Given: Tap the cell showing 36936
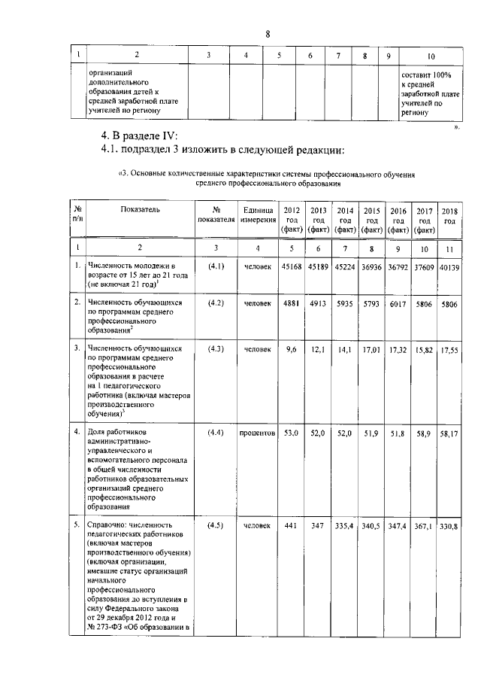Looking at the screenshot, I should tap(371, 266).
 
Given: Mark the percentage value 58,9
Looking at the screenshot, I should tap(425, 434).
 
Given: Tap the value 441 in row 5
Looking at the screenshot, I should tap(290, 524).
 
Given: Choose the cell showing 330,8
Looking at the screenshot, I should tap(449, 524).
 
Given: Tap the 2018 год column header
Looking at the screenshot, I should tap(449, 215).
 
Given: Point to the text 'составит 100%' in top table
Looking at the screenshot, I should tap(426, 76).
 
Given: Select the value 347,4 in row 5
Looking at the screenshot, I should tap(398, 524).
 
